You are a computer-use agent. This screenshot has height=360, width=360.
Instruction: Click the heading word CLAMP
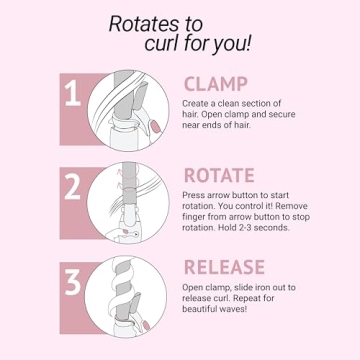coord(216,84)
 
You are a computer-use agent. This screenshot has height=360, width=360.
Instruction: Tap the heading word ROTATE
coord(219,175)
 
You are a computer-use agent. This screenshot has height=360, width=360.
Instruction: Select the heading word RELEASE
coord(224,267)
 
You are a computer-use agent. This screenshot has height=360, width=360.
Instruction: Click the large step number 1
coord(73,93)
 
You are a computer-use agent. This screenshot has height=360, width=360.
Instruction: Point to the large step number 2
coord(73,187)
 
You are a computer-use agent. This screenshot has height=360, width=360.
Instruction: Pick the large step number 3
coord(73,282)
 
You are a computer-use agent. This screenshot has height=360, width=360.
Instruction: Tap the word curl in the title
coord(161,44)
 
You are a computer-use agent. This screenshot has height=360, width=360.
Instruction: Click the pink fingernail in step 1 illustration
coord(155,126)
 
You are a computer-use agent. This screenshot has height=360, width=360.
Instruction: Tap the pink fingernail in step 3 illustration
coord(146,325)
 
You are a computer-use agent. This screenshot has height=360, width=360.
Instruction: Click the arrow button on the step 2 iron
coord(134,234)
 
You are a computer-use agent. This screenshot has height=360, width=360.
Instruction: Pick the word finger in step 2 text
coord(194,217)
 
